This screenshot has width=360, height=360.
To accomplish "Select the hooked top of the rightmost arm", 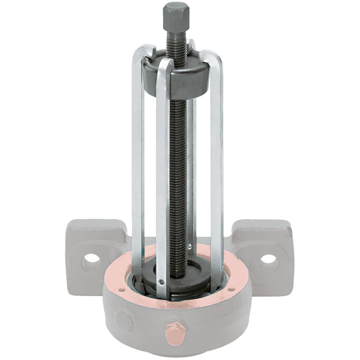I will [212, 56].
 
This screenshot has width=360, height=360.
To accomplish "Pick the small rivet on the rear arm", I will [190, 246].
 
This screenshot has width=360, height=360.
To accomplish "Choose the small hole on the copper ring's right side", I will [231, 289].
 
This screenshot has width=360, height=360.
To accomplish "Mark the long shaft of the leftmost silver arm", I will [137, 169].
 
